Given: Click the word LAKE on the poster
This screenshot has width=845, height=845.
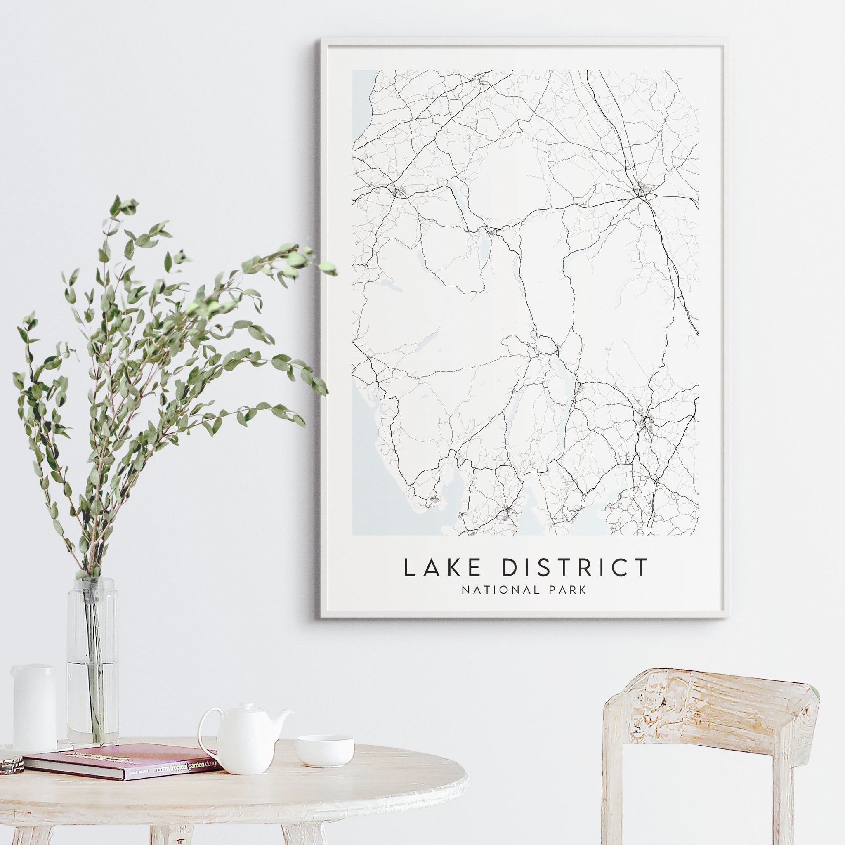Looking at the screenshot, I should [x=442, y=568].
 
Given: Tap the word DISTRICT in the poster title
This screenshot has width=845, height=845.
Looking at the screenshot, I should [x=574, y=568].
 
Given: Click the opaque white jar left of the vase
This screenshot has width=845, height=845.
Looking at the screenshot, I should [x=34, y=708].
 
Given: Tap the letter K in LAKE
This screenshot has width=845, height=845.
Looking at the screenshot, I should [x=454, y=568].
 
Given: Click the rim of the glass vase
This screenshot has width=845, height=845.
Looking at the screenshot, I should [x=92, y=581].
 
